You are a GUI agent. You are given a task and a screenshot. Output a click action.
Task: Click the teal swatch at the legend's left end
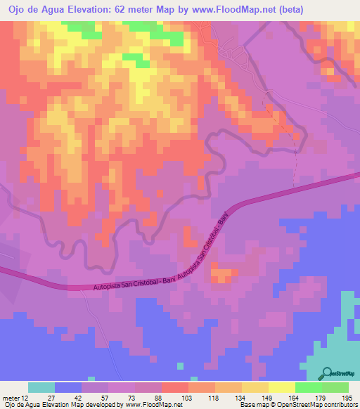41,387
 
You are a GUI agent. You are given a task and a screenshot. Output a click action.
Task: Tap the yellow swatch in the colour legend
281,387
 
